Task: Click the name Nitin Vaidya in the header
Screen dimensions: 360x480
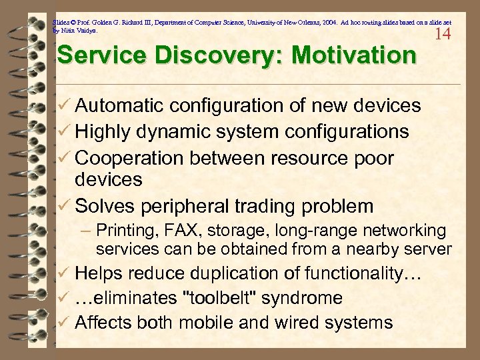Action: tap(79, 31)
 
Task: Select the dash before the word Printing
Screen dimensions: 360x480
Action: tap(86, 231)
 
